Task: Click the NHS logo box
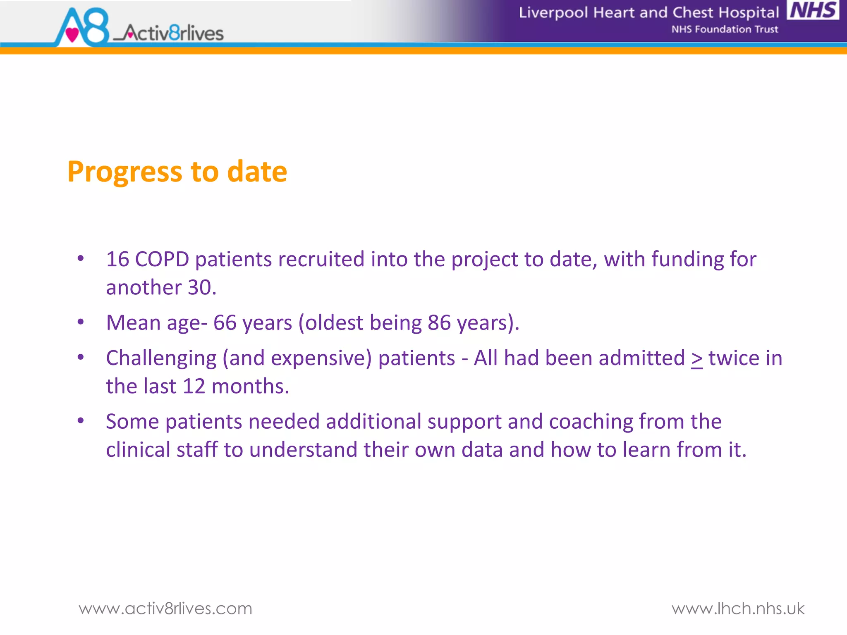pyautogui.click(x=813, y=10)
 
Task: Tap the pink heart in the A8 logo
pyautogui.click(x=72, y=34)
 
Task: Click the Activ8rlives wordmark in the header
pyautogui.click(x=174, y=33)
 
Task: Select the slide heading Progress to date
pyautogui.click(x=177, y=172)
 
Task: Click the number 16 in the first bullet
pyautogui.click(x=117, y=260)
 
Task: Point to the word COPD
pyautogui.click(x=162, y=260)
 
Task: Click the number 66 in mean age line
pyautogui.click(x=225, y=323)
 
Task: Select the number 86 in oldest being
pyautogui.click(x=439, y=323)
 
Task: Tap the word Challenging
pyautogui.click(x=161, y=358)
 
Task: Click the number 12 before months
pyautogui.click(x=194, y=387)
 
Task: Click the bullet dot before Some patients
pyautogui.click(x=81, y=421)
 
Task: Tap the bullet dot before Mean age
pyautogui.click(x=81, y=322)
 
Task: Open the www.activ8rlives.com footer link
pyautogui.click(x=165, y=609)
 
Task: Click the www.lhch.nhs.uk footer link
pyautogui.click(x=738, y=609)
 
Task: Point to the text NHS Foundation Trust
pyautogui.click(x=725, y=29)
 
